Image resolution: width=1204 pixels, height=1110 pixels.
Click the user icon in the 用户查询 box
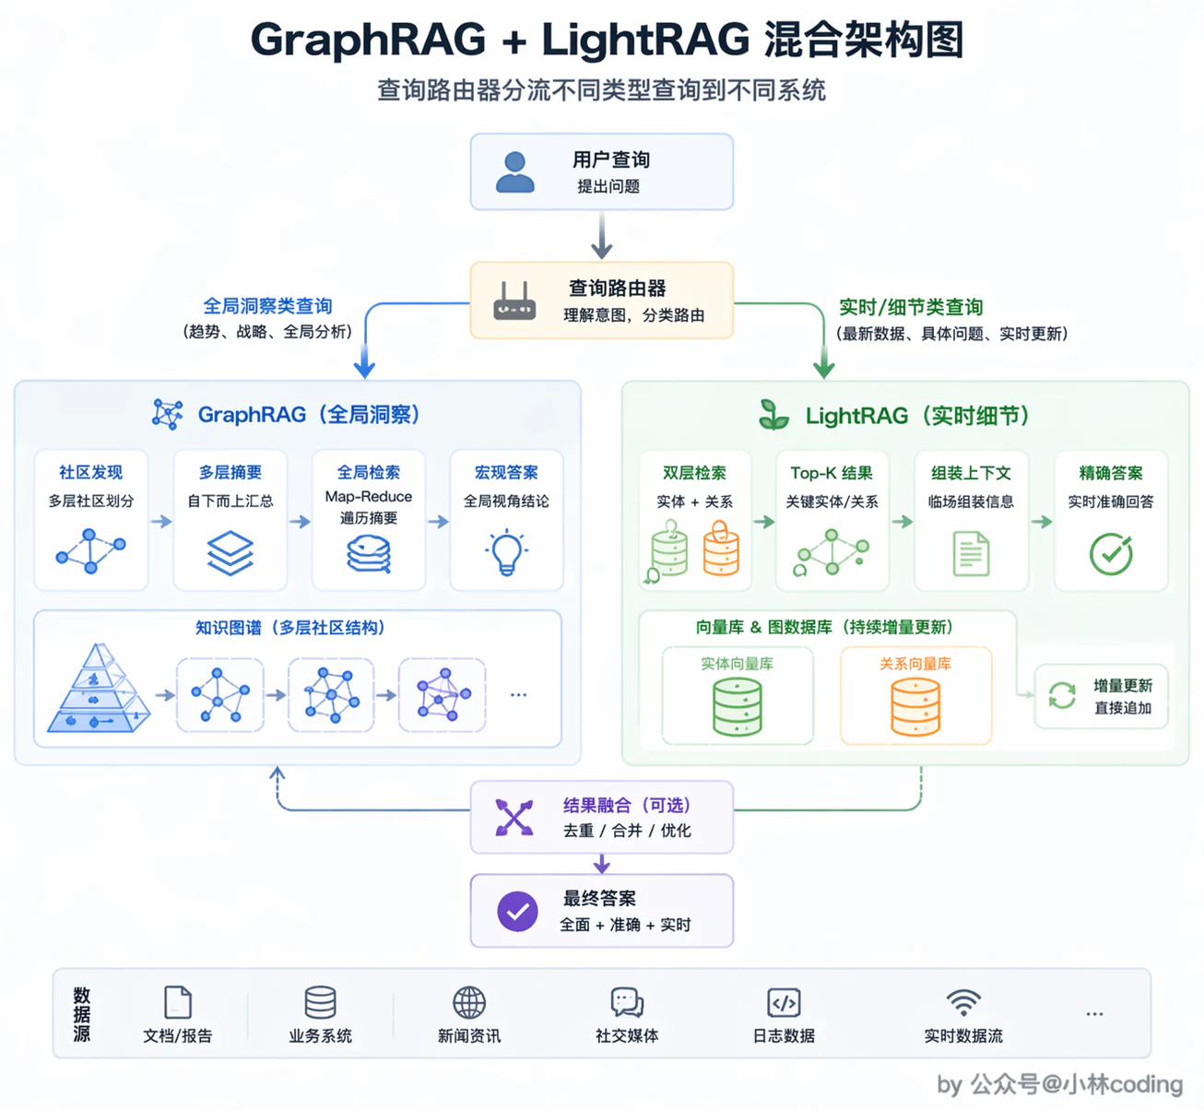tap(514, 172)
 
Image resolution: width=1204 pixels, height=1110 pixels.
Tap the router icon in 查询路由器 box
tap(514, 301)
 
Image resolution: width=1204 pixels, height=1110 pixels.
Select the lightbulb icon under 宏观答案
tap(507, 552)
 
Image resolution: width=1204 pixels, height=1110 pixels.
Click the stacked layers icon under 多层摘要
tap(230, 552)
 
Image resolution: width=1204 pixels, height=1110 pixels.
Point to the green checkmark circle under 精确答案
tap(1111, 553)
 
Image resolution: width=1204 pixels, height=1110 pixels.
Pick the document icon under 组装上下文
tap(971, 553)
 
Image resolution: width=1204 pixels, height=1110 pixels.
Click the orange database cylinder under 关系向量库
tap(915, 706)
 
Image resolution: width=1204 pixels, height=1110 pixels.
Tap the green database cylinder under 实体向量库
tap(738, 706)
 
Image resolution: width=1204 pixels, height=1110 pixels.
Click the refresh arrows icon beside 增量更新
tap(1062, 695)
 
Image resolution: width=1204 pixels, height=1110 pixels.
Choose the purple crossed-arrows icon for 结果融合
tap(514, 817)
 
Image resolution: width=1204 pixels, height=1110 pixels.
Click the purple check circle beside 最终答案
tap(517, 911)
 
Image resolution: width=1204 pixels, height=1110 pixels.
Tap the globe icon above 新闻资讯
tap(469, 1002)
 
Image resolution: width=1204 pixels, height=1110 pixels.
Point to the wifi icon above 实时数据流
tap(963, 1003)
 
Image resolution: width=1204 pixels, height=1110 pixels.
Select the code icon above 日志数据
tap(784, 1003)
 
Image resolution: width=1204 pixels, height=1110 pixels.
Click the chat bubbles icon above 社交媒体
tap(627, 1002)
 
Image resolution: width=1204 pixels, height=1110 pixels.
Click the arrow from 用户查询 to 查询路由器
tap(601, 235)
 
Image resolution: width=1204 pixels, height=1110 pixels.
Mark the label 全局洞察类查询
tap(267, 306)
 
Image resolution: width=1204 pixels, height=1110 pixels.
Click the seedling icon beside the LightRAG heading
tap(774, 415)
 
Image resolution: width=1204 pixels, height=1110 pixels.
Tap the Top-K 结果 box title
tap(832, 473)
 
